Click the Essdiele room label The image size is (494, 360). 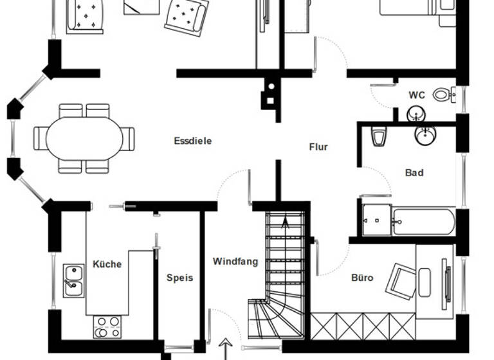(192, 141)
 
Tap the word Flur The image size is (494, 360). (318, 147)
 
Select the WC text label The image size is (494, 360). (417, 95)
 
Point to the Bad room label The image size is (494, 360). (414, 173)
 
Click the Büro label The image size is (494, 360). (362, 278)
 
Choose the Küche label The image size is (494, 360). (107, 264)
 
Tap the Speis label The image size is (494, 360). (179, 278)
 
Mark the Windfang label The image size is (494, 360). (235, 262)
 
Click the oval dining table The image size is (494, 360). (84, 138)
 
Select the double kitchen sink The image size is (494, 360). (73, 280)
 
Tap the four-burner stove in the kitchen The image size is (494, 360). (107, 326)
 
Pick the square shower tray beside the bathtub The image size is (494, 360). (376, 221)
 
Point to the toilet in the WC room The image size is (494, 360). (443, 94)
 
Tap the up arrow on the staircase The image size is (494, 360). (285, 224)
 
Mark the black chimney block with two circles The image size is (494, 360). (270, 93)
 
